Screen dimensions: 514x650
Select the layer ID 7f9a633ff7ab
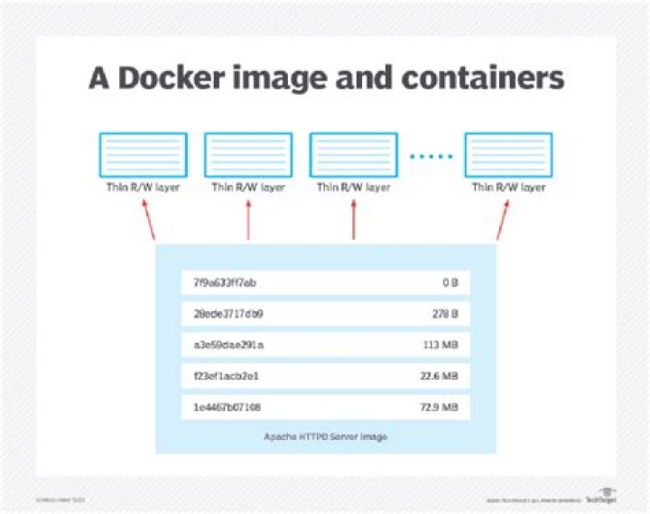226,283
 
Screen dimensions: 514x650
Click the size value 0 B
450,283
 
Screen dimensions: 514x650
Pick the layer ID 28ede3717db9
228,314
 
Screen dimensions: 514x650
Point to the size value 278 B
445,314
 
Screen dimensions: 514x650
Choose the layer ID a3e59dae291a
228,344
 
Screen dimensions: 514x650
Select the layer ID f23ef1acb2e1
227,376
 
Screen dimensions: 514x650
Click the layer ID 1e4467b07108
228,408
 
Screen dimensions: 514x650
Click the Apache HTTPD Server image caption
326,436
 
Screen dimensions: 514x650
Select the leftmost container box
143,155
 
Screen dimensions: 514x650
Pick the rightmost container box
508,155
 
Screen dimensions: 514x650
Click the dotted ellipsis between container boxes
431,156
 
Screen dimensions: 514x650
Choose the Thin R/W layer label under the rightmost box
508,188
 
